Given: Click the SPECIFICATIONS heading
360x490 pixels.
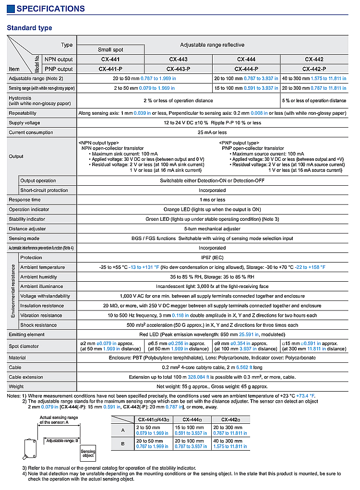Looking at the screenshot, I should click(50, 9).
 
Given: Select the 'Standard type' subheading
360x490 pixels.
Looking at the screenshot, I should click(29, 28).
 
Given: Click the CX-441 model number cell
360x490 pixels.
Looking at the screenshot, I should click(110, 60).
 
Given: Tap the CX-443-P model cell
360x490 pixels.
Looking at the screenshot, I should click(178, 69).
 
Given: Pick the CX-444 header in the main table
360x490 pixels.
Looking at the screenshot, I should click(246, 60).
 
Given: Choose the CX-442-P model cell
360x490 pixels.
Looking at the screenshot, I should click(314, 69).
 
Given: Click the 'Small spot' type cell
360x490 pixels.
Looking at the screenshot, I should click(110, 49).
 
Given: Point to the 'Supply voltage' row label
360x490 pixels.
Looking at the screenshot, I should click(24, 123).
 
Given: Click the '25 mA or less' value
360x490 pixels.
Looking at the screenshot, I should click(212, 132).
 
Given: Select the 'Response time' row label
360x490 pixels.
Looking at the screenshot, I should click(24, 200).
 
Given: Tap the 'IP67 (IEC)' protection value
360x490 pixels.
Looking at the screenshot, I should click(212, 258).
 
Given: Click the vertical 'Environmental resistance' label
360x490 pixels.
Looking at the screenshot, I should click(12, 291).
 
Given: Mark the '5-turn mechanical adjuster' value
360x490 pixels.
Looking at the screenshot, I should click(212, 229).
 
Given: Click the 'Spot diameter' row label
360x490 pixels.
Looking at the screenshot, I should click(24, 346).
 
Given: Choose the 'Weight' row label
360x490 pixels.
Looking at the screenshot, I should click(17, 386).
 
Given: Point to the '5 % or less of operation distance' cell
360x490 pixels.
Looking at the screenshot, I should click(314, 101).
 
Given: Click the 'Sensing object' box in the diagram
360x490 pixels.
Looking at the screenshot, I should click(88, 453).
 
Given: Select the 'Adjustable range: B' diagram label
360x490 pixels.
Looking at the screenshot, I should click(63, 440).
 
